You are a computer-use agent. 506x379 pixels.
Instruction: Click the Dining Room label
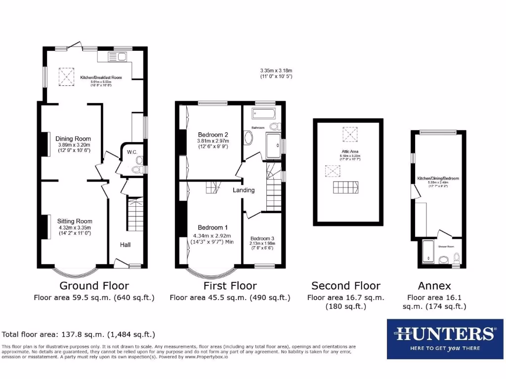tap(73, 139)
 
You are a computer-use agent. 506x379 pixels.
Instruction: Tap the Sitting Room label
tap(75, 221)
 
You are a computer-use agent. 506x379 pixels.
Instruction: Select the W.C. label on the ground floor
tap(131, 152)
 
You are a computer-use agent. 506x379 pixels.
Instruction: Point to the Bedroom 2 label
tap(213, 135)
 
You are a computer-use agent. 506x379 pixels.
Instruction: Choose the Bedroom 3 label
tap(262, 238)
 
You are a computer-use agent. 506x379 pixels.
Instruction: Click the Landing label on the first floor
tap(244, 190)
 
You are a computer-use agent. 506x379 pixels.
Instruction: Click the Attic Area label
tap(349, 152)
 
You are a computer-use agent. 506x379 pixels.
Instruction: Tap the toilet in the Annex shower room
tap(456, 258)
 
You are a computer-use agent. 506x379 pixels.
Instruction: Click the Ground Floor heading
tap(94, 286)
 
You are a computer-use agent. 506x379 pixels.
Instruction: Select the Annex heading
tap(434, 286)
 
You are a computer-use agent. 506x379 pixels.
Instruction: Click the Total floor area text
tap(79, 334)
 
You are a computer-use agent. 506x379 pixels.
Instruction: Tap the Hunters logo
tap(444, 339)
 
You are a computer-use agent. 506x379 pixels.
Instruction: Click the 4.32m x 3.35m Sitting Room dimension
tap(75, 227)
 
